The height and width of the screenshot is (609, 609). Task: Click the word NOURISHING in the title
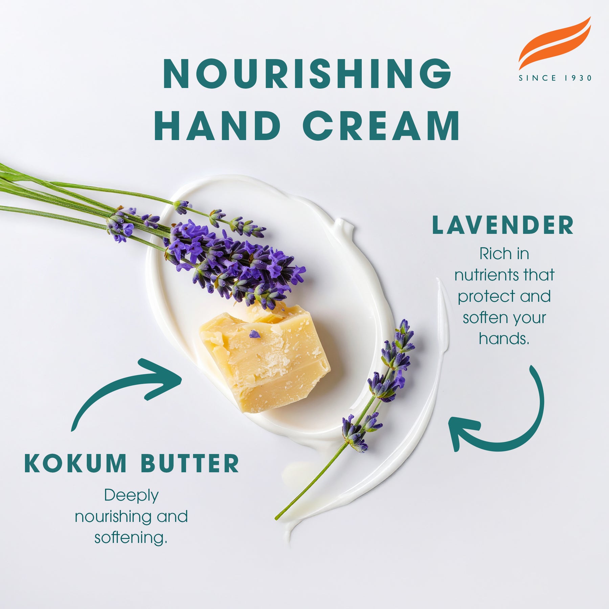(x=307, y=74)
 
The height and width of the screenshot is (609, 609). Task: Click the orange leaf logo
(x=555, y=42)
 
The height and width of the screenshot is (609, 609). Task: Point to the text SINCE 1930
(x=555, y=78)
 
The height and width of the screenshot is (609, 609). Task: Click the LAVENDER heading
(x=503, y=225)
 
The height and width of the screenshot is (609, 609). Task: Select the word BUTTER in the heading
(x=190, y=463)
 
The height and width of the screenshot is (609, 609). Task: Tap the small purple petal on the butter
(x=254, y=334)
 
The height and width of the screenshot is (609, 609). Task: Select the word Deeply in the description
(x=131, y=496)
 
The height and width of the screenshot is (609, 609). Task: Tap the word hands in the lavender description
(x=504, y=338)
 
